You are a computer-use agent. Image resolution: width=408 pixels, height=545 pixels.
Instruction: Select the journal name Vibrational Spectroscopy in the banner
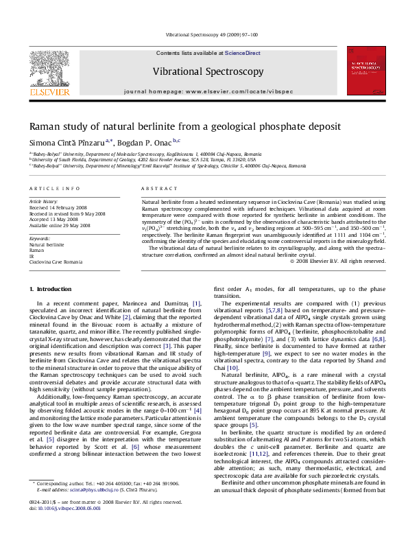pyautogui.click(x=208, y=71)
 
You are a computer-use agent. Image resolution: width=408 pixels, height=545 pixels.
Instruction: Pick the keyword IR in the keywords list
pyautogui.click(x=32, y=256)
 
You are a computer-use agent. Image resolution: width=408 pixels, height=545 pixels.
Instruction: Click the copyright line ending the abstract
pyautogui.click(x=333, y=280)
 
